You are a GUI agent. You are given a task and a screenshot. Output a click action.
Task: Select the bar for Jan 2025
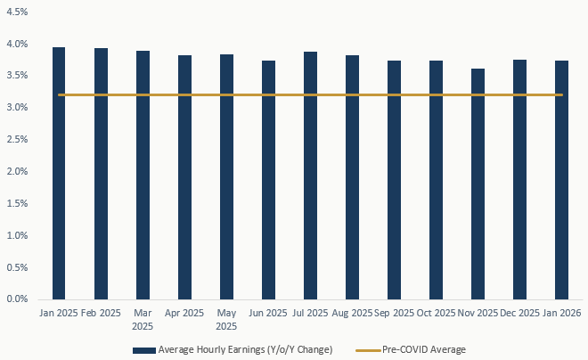tap(59, 174)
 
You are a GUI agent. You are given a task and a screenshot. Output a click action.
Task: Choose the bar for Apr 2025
tap(184, 177)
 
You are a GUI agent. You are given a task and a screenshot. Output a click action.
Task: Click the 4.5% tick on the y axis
tap(16, 12)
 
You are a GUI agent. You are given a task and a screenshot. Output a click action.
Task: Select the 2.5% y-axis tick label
tap(16, 140)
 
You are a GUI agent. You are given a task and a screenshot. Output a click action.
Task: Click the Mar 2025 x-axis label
tap(143, 320)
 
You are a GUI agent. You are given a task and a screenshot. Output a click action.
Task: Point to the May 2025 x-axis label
tap(226, 320)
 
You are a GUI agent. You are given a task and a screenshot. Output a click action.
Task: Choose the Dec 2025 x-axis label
tap(519, 315)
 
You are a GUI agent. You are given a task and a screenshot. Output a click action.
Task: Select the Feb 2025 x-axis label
tap(101, 315)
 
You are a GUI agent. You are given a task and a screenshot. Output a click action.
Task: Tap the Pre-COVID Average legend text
tap(423, 349)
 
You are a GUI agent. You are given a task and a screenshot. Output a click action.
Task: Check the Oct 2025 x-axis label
tap(436, 315)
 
